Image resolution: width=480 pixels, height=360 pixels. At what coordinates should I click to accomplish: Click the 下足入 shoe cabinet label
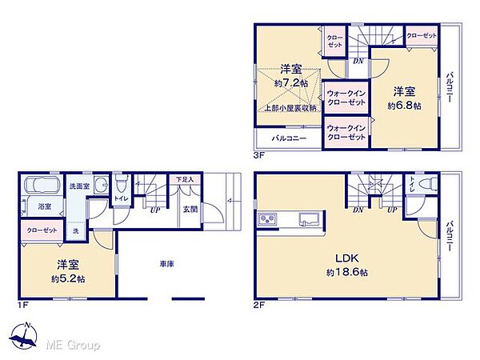pos(185,181)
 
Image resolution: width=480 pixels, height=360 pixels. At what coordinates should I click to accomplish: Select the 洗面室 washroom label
pos(77,186)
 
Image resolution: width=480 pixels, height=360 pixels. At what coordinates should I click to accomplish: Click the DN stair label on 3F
pos(358,61)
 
